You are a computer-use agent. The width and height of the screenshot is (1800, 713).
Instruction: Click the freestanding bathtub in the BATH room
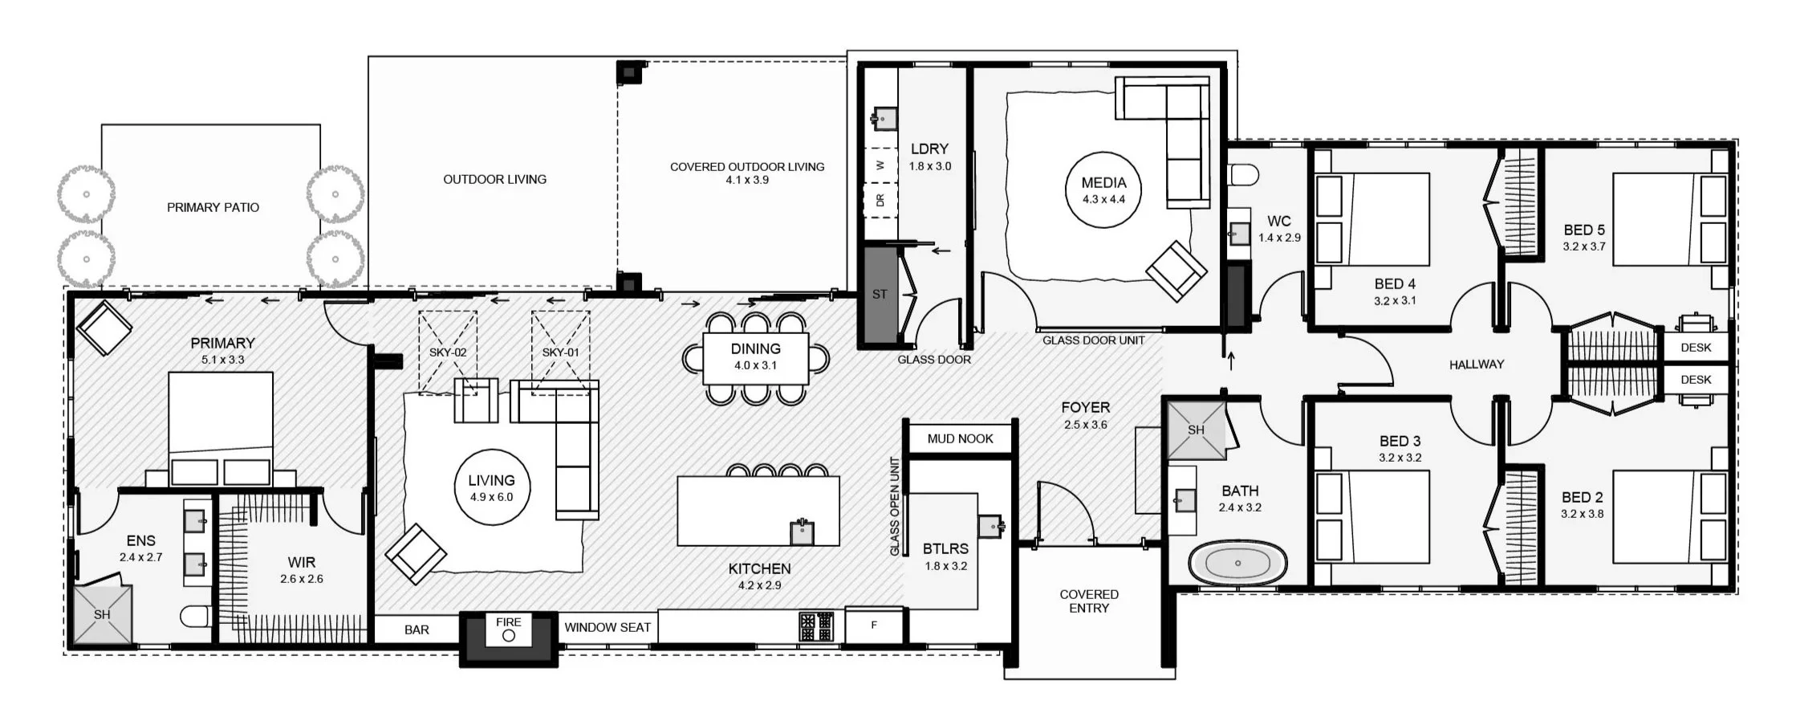(x=1237, y=564)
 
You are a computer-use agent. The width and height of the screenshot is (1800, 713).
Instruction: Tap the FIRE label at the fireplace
(x=509, y=621)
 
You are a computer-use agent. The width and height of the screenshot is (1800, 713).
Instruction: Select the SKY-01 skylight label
(x=560, y=352)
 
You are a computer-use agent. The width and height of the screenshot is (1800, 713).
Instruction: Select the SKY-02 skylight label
(x=448, y=352)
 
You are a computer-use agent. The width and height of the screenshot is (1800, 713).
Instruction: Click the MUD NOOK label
(x=960, y=438)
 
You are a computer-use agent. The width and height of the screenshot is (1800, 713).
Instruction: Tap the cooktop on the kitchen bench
(x=816, y=626)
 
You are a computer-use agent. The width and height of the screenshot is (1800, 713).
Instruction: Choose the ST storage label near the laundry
(x=880, y=295)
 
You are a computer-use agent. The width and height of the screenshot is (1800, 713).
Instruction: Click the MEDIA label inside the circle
(x=1103, y=183)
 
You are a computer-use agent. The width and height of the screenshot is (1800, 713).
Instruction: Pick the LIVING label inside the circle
(x=491, y=480)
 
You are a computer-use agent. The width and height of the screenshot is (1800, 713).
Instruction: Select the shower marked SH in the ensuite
(x=102, y=614)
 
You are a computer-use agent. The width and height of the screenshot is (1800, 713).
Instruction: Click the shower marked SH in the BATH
(x=1196, y=430)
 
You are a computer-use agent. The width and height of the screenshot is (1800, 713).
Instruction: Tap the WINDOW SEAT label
(x=607, y=627)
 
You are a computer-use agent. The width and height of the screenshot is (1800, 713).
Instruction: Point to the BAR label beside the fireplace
(x=416, y=629)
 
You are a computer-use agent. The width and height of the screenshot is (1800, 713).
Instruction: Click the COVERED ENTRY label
(x=1089, y=601)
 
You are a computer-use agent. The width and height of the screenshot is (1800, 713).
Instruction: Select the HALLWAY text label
(x=1477, y=365)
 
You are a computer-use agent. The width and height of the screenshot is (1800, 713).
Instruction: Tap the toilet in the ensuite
(x=196, y=616)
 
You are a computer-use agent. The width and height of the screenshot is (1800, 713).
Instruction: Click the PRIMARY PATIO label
(x=213, y=207)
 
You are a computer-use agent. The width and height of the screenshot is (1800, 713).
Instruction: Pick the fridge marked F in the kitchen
(x=874, y=625)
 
